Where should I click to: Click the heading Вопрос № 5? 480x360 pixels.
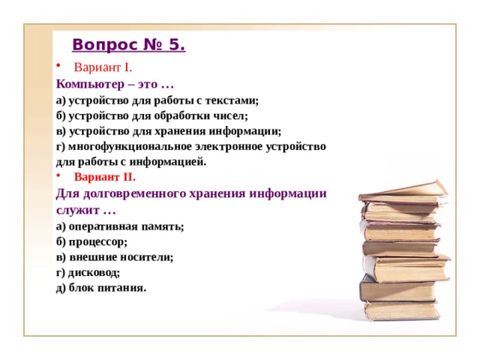(129, 45)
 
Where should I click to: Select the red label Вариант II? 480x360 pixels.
(105, 177)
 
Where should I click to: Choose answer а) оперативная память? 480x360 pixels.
(120, 226)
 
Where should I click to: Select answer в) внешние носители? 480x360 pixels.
(114, 256)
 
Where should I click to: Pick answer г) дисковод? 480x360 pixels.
(88, 272)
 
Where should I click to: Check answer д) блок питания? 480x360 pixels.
(100, 287)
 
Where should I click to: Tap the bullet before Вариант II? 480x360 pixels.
(58, 177)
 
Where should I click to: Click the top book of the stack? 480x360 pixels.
(405, 193)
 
